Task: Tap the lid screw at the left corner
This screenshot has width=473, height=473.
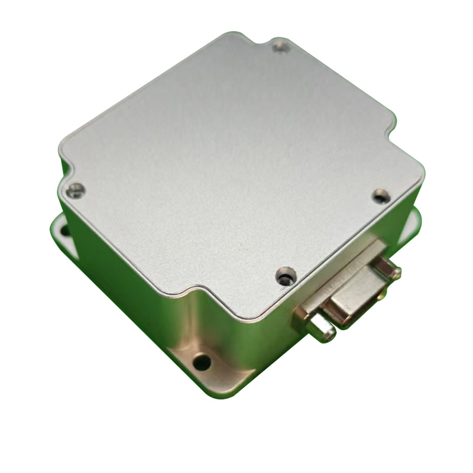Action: [74, 190]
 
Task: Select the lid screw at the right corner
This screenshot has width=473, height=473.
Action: [381, 196]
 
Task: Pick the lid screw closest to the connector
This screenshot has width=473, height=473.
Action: [286, 275]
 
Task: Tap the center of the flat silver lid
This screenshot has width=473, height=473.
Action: [237, 171]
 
